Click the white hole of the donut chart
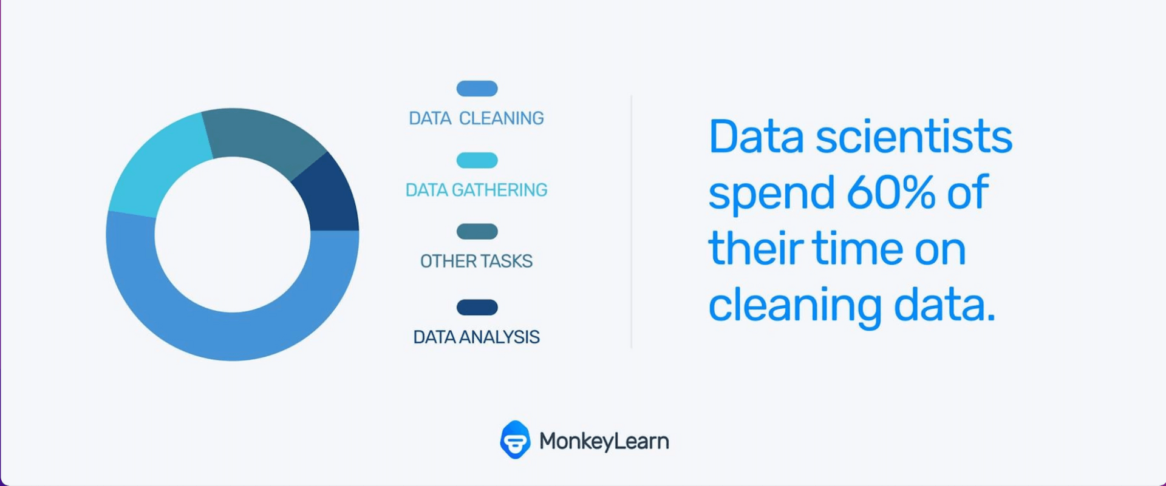233,234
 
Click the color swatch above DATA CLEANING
477,89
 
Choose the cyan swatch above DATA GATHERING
477,160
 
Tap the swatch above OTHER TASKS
477,231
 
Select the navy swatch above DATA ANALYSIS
477,308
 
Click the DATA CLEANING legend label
477,118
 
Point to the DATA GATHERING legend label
477,190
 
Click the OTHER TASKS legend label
477,262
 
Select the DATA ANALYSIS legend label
477,337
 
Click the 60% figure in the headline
891,192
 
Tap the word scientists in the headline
914,137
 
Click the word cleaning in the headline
796,306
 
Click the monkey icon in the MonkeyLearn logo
515,440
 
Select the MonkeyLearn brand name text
604,442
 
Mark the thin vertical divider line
632,221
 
